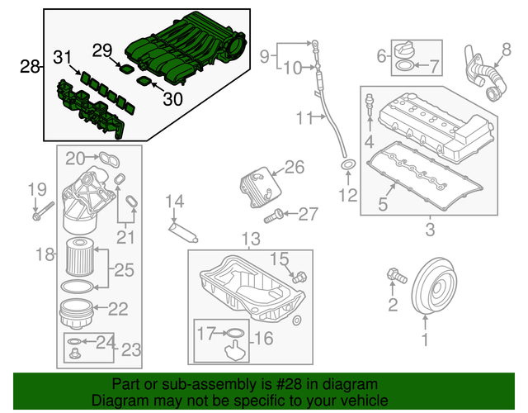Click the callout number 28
(29, 66)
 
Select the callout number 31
(63, 58)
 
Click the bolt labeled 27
(276, 216)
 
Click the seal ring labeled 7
(406, 64)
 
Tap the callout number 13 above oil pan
(250, 240)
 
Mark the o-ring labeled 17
(235, 335)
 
